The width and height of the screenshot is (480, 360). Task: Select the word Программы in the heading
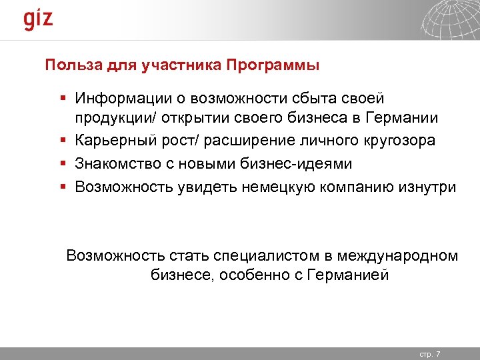click(273, 65)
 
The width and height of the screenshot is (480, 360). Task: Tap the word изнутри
click(428, 187)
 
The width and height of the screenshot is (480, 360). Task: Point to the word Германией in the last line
click(348, 275)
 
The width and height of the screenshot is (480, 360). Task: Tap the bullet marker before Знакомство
click(61, 164)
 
